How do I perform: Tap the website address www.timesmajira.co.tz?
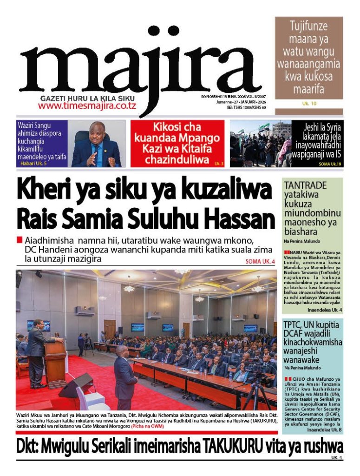[87, 106]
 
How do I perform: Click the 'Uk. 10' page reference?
[309, 104]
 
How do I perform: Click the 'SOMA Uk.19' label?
[330, 164]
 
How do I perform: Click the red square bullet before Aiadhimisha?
[19, 240]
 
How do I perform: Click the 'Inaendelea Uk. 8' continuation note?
[325, 430]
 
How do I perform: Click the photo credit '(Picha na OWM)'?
[147, 426]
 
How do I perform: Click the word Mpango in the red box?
[200, 138]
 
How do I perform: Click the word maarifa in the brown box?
[308, 88]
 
